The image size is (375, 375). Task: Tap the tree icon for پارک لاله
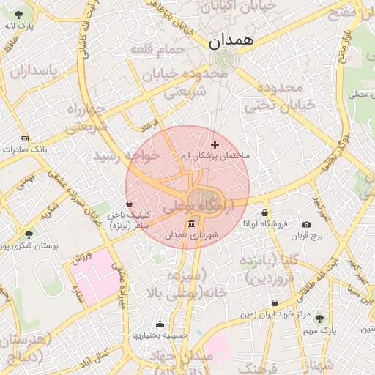tap(18, 15)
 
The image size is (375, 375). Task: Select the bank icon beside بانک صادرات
tap(25, 138)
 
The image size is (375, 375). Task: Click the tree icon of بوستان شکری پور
tap(29, 234)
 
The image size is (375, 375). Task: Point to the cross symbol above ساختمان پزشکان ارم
tap(215, 144)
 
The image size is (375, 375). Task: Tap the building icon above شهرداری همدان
tap(191, 223)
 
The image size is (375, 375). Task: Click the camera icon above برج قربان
tap(306, 224)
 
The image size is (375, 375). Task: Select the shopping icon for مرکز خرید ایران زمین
tap(275, 302)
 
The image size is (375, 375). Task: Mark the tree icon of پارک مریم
tap(319, 317)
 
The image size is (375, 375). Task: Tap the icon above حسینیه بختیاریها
tap(160, 324)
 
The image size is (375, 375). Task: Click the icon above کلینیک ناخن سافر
tap(130, 204)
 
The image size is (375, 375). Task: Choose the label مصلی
tap(359, 94)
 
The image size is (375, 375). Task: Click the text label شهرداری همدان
tap(193, 235)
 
